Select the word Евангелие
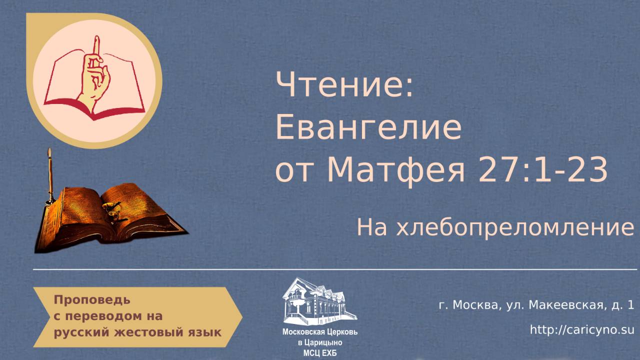368,128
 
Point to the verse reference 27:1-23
543,170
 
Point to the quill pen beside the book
50,175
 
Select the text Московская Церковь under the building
320,332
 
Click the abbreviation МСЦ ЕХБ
320,352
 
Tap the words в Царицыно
320,342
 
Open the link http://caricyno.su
582,330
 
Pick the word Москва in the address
475,305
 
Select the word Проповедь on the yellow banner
92,300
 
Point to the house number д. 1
622,305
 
